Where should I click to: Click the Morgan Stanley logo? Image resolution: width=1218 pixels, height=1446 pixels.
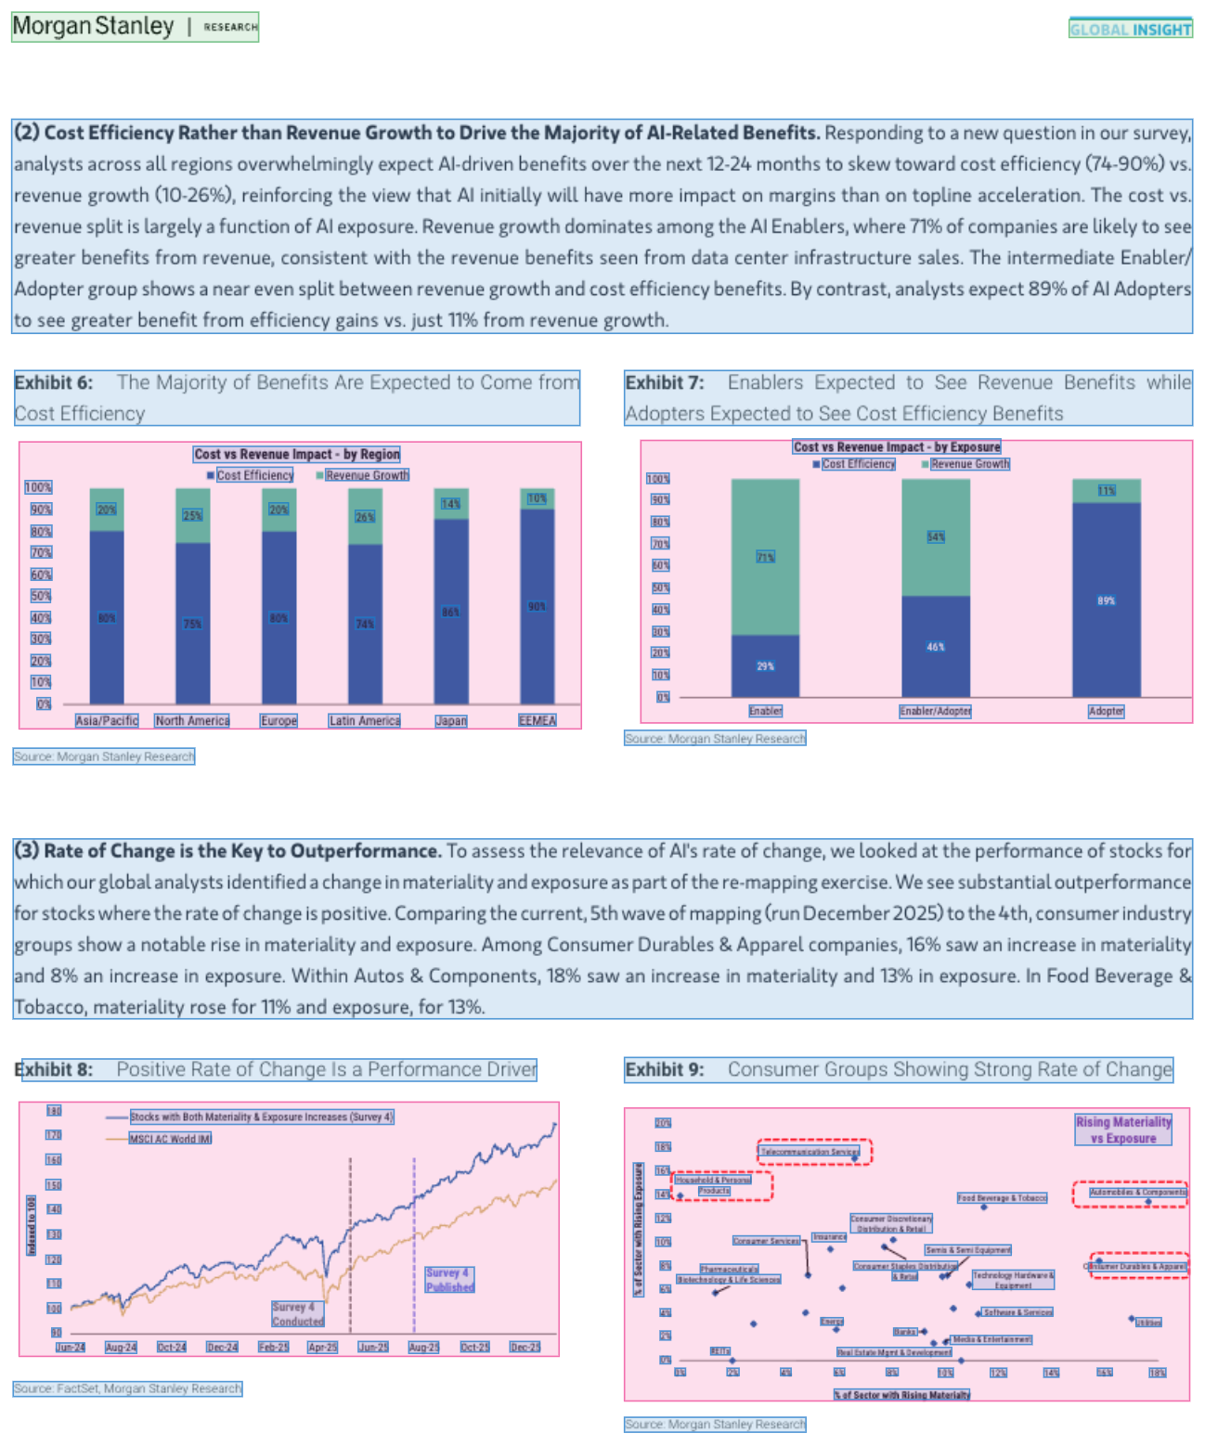click(93, 26)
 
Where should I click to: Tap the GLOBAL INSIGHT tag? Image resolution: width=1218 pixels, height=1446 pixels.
click(1130, 29)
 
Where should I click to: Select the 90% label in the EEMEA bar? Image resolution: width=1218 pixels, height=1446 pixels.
click(537, 606)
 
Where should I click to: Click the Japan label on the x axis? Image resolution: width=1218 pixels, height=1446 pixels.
click(451, 720)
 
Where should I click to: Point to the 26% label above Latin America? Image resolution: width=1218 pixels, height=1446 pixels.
click(365, 516)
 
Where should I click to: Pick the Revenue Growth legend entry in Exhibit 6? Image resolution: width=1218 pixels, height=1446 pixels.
click(367, 475)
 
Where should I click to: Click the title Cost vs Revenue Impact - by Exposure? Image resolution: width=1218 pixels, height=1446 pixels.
click(897, 446)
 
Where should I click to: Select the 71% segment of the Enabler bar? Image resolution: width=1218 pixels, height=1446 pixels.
click(765, 557)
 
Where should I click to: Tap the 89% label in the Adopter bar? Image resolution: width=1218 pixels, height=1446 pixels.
click(1106, 600)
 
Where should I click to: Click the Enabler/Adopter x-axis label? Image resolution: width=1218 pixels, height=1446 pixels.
click(935, 711)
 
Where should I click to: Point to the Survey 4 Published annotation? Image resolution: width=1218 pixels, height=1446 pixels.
click(449, 1280)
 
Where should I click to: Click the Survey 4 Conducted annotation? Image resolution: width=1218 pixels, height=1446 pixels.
click(298, 1314)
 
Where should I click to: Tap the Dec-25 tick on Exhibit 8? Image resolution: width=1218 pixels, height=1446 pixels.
click(525, 1347)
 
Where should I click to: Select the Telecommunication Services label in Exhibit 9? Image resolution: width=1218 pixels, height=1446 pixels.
click(810, 1152)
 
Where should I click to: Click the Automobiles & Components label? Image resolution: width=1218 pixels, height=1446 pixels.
click(1137, 1192)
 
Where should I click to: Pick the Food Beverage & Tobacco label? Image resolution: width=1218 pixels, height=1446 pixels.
click(1002, 1198)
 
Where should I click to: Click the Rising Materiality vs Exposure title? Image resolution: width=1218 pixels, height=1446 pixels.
click(1123, 1130)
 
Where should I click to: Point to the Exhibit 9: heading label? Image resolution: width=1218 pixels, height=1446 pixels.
click(665, 1069)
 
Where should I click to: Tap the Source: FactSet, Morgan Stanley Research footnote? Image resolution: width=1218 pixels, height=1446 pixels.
click(127, 1388)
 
